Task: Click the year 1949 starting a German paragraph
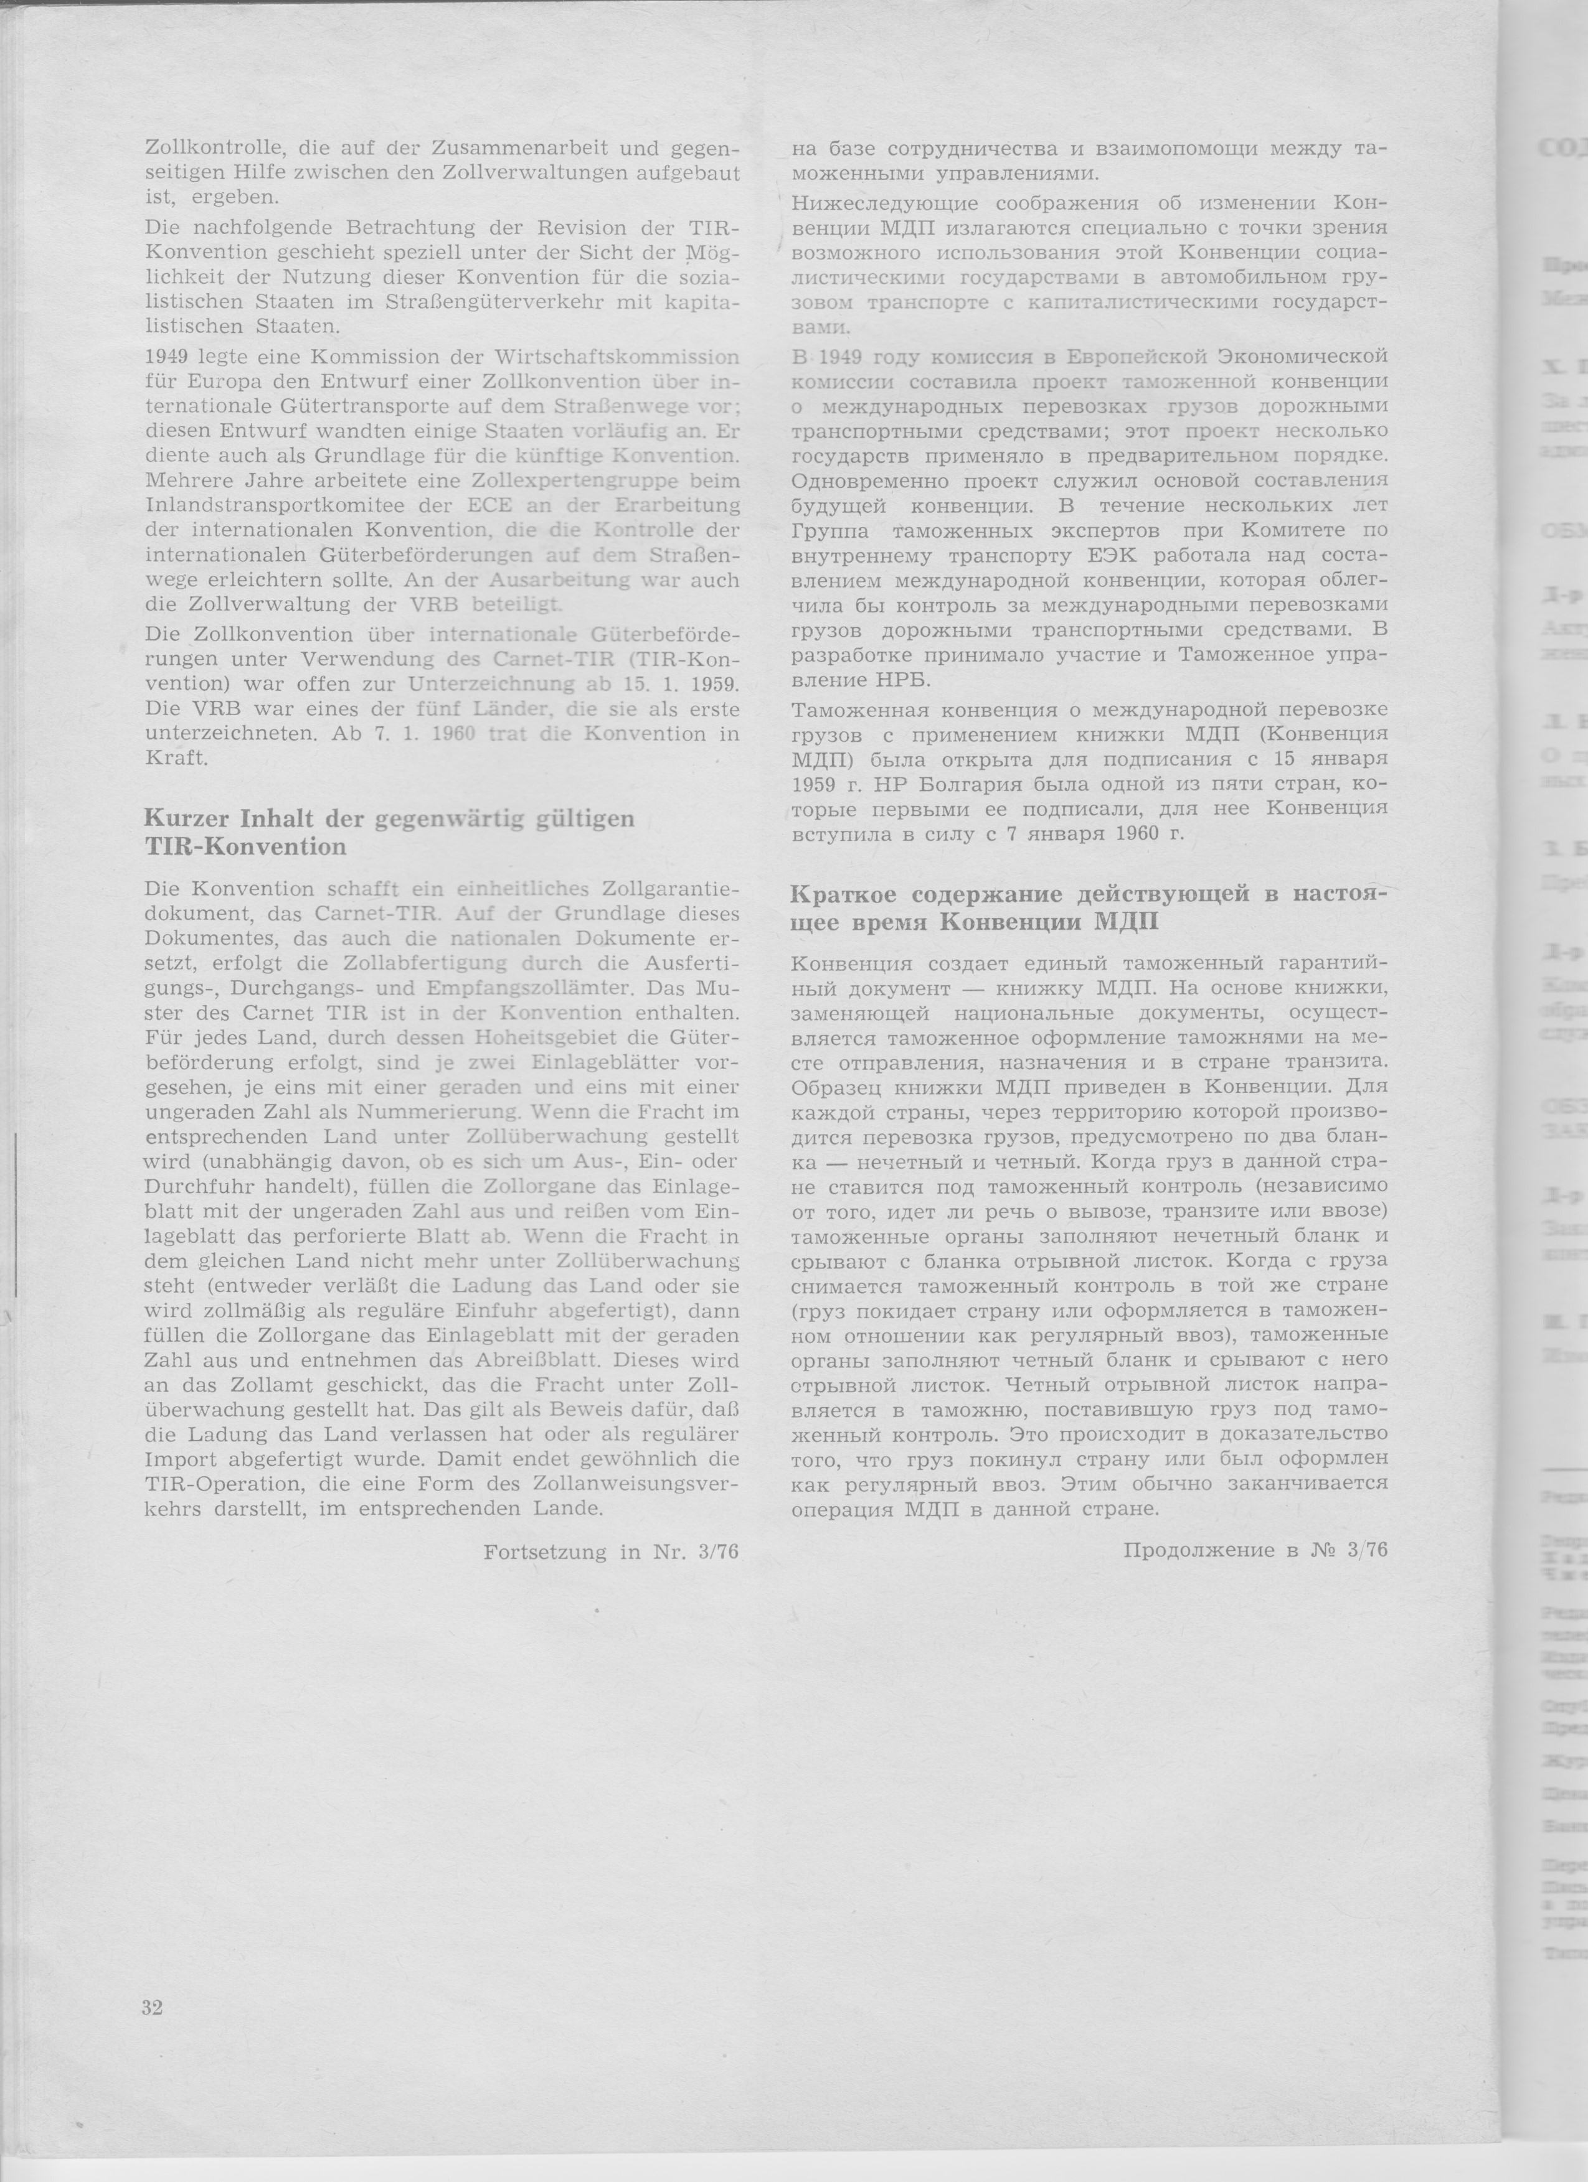[x=166, y=357]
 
